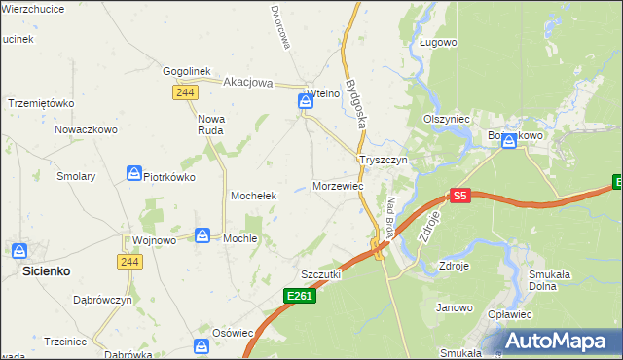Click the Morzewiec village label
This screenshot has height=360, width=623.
[339, 186]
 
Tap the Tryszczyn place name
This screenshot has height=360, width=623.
[387, 160]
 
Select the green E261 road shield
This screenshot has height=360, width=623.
[301, 295]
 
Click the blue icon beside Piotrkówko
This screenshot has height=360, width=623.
[133, 174]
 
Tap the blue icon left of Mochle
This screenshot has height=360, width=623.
[202, 235]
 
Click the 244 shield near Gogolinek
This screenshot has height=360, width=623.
[185, 92]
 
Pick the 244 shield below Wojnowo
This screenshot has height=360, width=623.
[129, 262]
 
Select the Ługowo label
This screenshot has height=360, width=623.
[438, 43]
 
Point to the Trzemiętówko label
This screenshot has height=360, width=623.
[41, 103]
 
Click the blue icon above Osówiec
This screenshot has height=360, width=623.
[202, 345]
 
